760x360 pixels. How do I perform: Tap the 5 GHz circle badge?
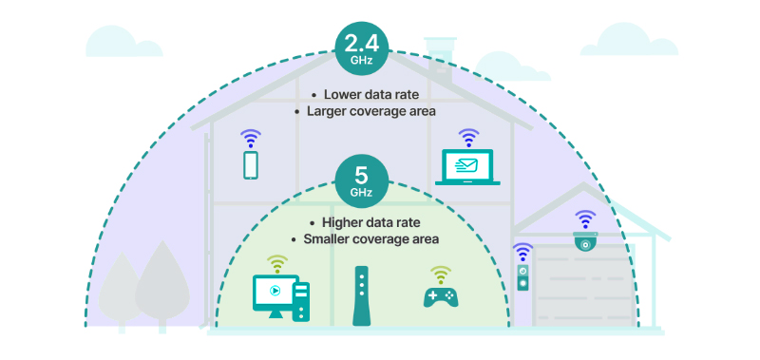pos(360,179)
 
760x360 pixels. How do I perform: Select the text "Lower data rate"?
pos(370,95)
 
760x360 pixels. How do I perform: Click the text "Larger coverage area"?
pos(370,111)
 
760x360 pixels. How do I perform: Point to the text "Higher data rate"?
pos(370,223)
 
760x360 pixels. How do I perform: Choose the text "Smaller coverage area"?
pos(370,239)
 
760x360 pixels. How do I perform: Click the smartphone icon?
pos(251,165)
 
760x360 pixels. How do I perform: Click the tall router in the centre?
pos(360,295)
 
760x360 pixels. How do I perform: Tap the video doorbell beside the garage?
pos(522,278)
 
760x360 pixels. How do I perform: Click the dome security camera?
pos(585,242)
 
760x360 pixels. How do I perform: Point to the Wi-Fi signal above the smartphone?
pos(251,137)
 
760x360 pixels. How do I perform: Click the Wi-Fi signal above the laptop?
pos(468,137)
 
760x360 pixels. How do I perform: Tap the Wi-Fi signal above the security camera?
pos(585,218)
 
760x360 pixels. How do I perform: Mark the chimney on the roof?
pos(440,52)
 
